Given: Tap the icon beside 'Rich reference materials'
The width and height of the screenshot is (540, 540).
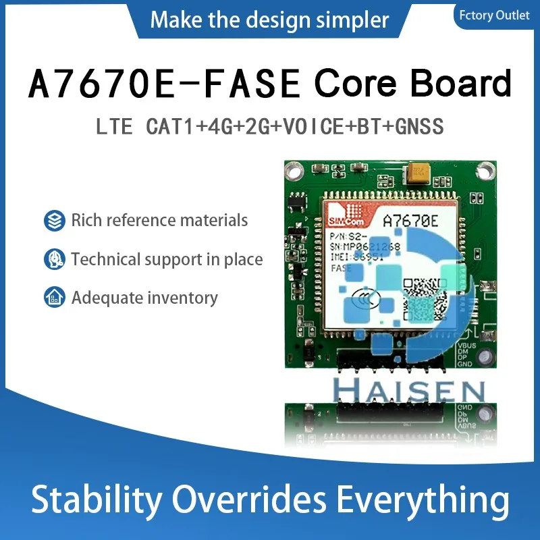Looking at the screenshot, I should (54, 220).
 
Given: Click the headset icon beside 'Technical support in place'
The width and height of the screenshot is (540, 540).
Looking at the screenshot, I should (54, 259).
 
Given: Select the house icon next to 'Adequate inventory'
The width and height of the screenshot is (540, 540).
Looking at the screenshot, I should (54, 298).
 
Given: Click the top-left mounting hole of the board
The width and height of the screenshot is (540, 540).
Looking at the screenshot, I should (295, 171).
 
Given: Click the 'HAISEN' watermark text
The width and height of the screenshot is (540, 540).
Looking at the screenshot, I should (410, 391).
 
